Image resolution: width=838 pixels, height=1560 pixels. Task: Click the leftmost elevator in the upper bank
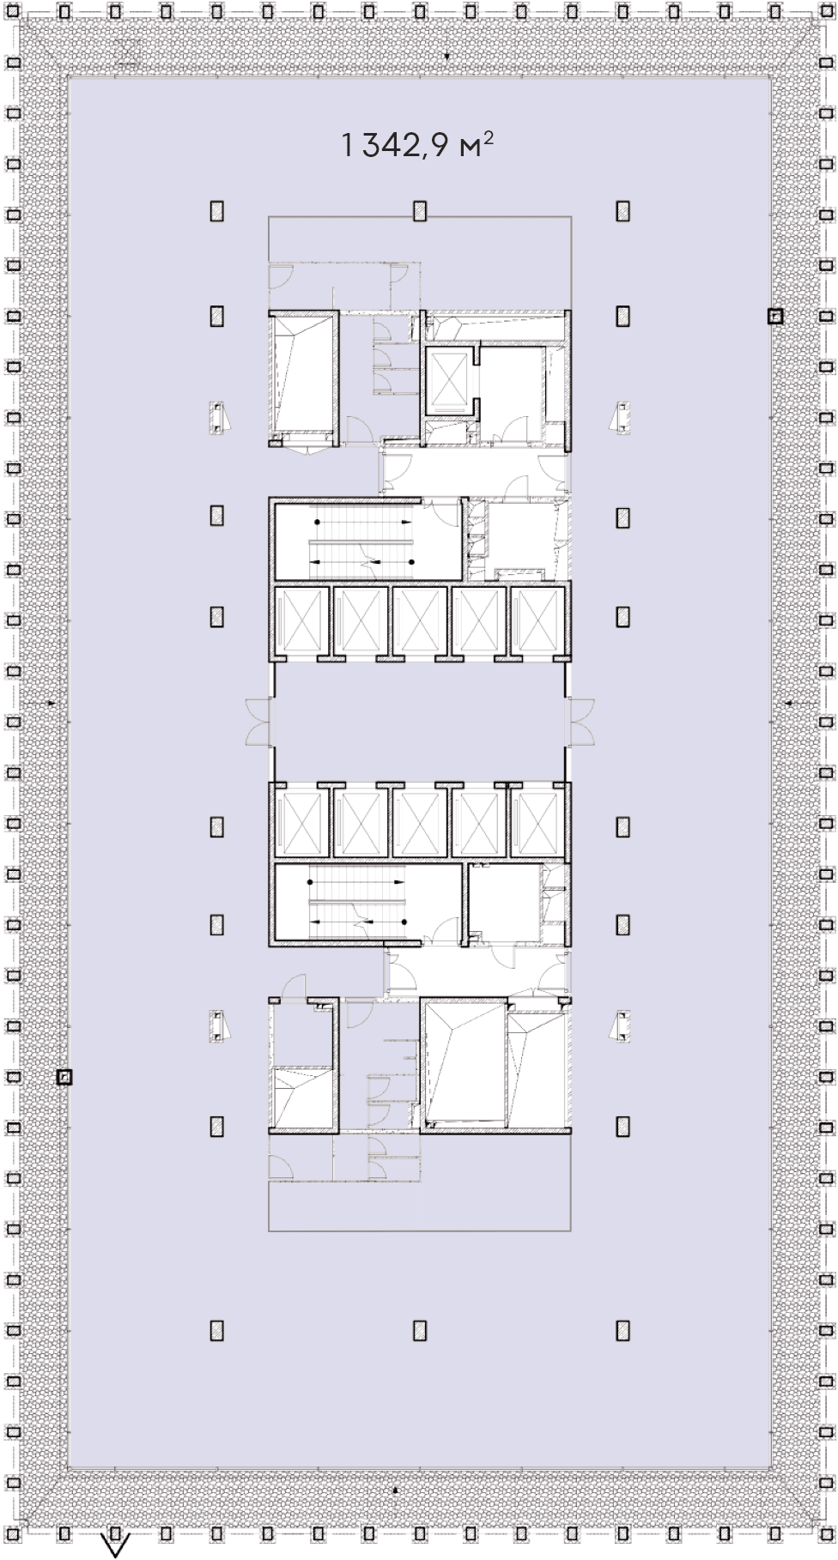pos(301,620)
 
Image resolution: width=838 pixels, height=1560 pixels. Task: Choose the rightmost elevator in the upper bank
pos(537,620)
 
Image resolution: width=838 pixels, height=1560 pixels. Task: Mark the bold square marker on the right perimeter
pos(774,317)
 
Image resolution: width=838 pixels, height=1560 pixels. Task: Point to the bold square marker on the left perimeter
pos(64,1076)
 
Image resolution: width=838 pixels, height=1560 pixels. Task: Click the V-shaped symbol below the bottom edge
pos(115,1545)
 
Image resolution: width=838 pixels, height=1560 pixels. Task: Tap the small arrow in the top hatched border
pos(446,57)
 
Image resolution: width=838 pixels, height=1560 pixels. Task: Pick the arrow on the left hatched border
pos(51,703)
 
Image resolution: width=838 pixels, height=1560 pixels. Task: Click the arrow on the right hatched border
pos(789,703)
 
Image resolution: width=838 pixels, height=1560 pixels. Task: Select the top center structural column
pos(420,211)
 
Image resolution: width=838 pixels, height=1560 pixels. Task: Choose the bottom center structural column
pos(420,1330)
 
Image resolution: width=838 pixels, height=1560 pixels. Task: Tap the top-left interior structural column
pos(217,211)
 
